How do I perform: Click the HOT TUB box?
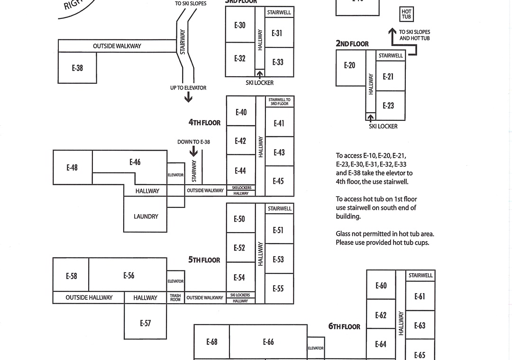[406, 14]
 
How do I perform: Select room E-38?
[77, 68]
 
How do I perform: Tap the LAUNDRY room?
[146, 216]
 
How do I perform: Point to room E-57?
[145, 324]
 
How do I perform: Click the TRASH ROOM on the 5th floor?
[175, 297]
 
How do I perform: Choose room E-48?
[72, 168]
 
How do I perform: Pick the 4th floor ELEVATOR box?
[175, 175]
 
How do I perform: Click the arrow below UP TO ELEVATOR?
[188, 97]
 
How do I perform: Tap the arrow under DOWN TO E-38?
[193, 151]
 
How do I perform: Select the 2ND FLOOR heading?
[352, 44]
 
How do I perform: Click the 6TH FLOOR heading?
[344, 326]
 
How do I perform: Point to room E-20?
[349, 65]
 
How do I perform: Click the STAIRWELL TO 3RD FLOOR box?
[279, 102]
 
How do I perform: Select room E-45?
[278, 181]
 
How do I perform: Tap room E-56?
[128, 275]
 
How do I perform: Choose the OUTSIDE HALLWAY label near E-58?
[89, 297]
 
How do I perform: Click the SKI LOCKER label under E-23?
[383, 126]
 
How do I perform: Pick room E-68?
[211, 342]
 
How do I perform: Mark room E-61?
[420, 297]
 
